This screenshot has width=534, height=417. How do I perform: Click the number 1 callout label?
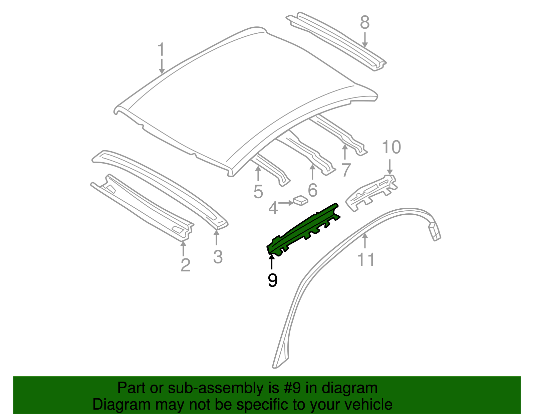tap(161, 50)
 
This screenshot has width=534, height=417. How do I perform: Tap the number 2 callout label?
tap(185, 265)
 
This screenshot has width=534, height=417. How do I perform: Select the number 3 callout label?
tap(218, 257)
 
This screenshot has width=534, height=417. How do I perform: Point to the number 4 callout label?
tap(273, 208)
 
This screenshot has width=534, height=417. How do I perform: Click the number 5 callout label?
tap(258, 192)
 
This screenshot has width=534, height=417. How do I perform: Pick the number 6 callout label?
tap(312, 190)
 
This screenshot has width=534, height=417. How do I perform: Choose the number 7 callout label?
tap(345, 170)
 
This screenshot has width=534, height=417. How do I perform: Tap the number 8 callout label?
tap(365, 23)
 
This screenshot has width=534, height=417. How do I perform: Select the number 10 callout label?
tap(391, 147)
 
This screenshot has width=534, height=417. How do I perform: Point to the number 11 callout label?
tap(366, 259)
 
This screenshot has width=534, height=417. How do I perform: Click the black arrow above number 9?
tap(272, 261)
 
